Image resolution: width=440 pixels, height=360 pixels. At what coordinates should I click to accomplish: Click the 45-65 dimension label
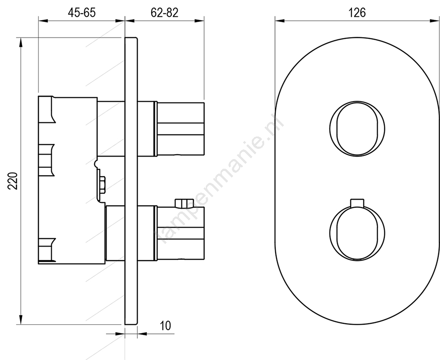coord(82,13)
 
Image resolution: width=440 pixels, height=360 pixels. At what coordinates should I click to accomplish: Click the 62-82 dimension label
coord(164,13)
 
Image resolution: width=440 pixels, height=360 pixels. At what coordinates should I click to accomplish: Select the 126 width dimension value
coord(357,13)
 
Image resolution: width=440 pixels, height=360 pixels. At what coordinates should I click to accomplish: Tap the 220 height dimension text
coord(13,181)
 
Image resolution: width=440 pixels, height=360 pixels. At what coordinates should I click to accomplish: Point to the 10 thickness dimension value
coord(165,326)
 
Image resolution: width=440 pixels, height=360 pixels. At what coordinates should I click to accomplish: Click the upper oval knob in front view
coord(357,129)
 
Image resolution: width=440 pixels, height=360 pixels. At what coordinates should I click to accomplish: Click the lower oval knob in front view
coord(357,233)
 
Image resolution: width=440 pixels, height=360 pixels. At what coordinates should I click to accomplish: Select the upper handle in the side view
coord(179,129)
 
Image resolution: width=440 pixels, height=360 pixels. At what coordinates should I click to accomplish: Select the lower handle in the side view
coord(179,233)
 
